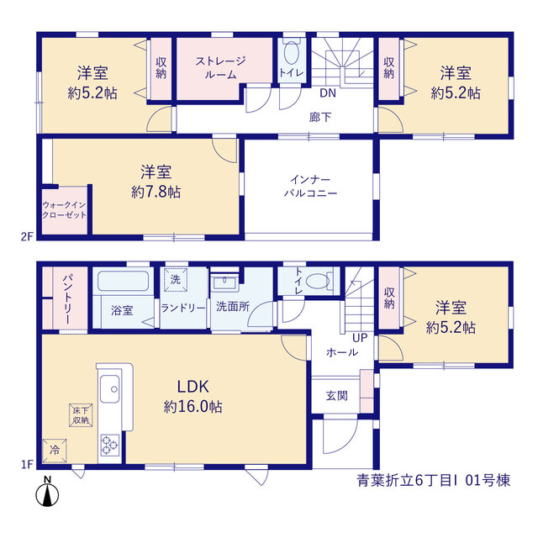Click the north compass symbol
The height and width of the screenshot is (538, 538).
(x=47, y=492)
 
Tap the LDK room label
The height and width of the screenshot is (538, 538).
(x=193, y=387)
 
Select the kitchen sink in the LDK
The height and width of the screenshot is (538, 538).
(x=110, y=388)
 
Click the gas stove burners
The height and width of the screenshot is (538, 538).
(x=110, y=445)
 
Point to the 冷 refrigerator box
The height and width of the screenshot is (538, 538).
(x=55, y=451)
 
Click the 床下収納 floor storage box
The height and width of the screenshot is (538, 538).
(x=81, y=415)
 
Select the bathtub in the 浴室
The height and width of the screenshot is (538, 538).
(x=123, y=282)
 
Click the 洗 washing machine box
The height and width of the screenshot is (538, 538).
(x=176, y=280)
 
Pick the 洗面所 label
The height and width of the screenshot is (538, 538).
(x=233, y=306)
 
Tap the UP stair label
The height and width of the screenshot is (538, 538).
(x=360, y=338)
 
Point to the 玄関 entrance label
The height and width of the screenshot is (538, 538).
(x=336, y=396)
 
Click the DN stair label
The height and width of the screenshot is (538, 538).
(x=328, y=93)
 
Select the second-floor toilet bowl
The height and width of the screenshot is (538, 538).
(x=292, y=53)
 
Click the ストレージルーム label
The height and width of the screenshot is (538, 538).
(x=220, y=67)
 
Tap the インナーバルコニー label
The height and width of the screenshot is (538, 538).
(x=310, y=187)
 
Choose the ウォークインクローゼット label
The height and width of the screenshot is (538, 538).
(x=64, y=210)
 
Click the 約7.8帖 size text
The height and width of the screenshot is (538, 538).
(x=156, y=193)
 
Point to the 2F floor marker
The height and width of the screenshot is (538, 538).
(x=27, y=236)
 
